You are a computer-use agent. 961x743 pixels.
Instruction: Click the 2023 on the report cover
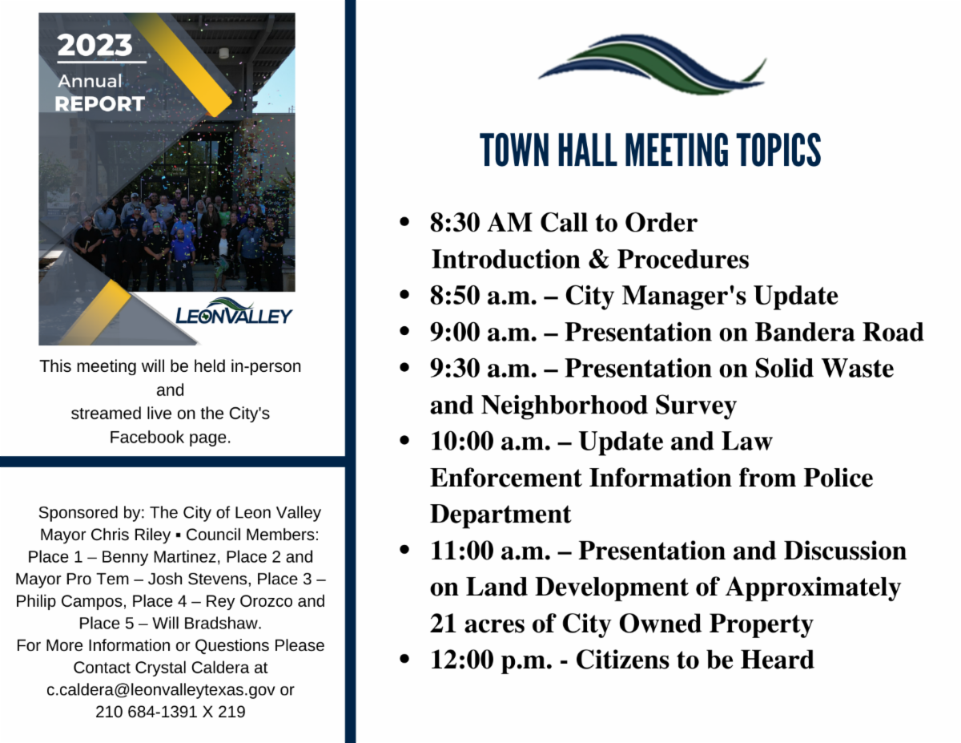(94, 45)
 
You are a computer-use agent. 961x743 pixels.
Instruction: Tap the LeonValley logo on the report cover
(234, 313)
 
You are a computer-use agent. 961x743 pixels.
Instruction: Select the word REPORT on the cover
(99, 104)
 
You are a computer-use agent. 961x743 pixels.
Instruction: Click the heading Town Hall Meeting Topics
(650, 151)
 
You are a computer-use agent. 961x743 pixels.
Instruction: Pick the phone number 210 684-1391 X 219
(170, 712)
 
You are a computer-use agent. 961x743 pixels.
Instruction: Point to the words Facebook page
(170, 437)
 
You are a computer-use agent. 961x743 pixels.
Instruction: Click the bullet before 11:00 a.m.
(405, 551)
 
